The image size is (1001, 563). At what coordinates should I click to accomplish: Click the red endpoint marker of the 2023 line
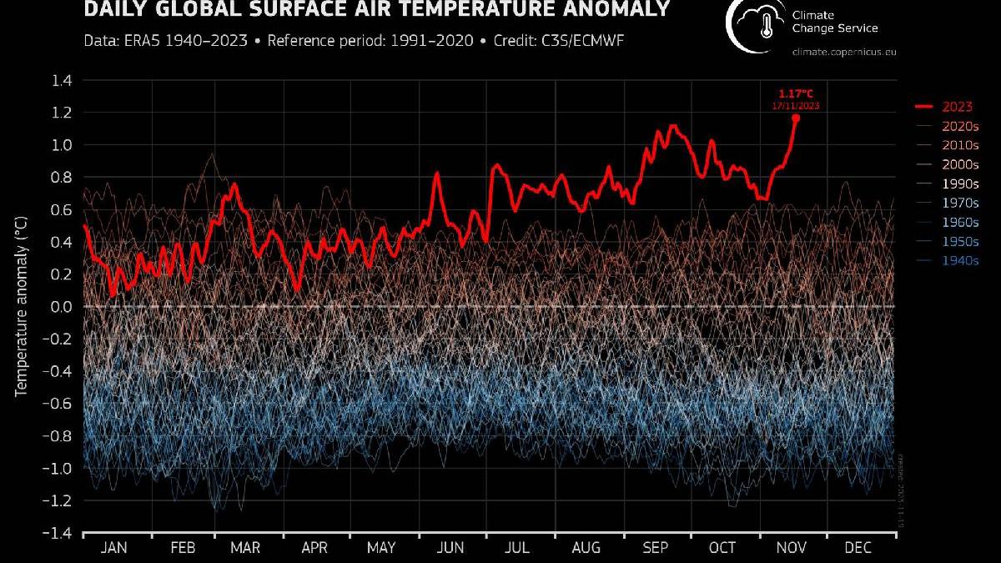795,118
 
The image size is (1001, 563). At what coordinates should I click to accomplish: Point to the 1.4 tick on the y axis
63,80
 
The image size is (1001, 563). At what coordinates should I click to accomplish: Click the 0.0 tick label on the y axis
63,307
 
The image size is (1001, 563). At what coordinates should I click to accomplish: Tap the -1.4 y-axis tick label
60,533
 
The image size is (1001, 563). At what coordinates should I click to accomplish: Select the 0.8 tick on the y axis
63,177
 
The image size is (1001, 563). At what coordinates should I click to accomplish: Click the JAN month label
114,548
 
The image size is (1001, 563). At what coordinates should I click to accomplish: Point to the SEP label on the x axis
656,548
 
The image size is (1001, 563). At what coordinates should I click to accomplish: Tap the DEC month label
858,548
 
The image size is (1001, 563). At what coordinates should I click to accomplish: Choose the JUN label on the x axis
451,548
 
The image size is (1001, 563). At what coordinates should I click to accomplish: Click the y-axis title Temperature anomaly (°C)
22,305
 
